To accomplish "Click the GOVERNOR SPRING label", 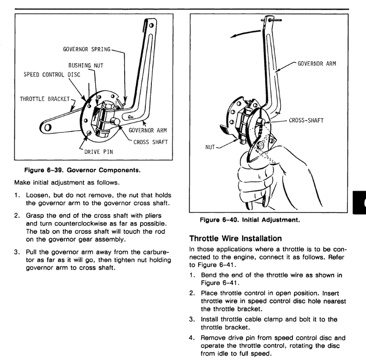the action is pos(87,49).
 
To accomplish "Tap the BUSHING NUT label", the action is pos(86,65).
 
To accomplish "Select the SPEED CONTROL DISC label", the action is pos(52,75).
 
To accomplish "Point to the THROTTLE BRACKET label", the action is pos(45,99).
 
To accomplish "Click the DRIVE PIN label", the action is pos(98,152).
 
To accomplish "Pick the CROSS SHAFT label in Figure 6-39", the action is pos(150,142).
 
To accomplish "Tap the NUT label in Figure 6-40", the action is pos(210,147).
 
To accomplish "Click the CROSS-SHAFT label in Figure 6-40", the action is pos(306,120).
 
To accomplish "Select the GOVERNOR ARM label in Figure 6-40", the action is pos(317,64).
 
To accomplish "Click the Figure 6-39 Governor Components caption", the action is pos(82,170).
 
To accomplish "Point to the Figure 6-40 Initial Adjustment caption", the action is pos(250,220).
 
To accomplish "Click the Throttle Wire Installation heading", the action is pos(236,239).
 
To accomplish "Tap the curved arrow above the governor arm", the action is pos(245,33).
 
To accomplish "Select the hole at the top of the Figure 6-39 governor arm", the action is pos(151,25).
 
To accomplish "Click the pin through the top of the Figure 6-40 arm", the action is pos(271,20).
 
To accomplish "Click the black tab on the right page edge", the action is pos(359,202).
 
